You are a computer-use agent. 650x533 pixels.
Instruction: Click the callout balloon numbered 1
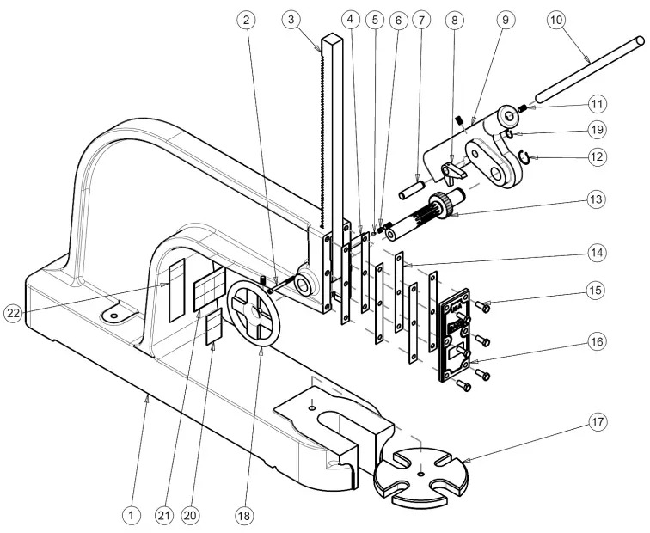pyautogui.click(x=130, y=515)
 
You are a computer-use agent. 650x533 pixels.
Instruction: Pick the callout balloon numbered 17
pyautogui.click(x=598, y=422)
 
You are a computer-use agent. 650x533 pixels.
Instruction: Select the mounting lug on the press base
pyautogui.click(x=113, y=316)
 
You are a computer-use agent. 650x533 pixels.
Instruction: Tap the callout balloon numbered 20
pyautogui.click(x=189, y=515)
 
